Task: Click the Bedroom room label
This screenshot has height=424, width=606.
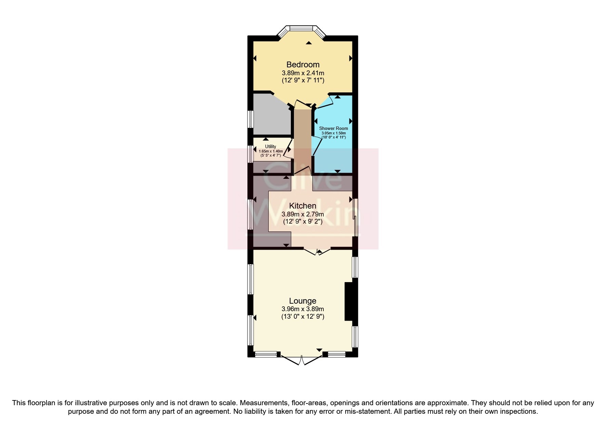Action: (x=303, y=64)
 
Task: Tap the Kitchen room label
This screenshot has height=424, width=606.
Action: (x=302, y=206)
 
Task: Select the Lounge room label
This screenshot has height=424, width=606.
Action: (x=302, y=301)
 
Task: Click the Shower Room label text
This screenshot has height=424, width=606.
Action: (x=333, y=128)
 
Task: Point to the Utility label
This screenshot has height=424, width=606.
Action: (x=270, y=146)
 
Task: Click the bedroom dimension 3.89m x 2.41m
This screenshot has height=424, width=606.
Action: (x=303, y=73)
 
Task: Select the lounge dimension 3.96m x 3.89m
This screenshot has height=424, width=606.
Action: (x=302, y=309)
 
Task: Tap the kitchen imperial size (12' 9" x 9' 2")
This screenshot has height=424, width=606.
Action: (x=302, y=222)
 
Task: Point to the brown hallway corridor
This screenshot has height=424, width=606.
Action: (x=302, y=140)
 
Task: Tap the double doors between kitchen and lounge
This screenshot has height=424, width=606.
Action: (x=318, y=252)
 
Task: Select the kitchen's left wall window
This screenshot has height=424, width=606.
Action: (x=250, y=214)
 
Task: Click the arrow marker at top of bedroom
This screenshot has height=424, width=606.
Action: (x=309, y=43)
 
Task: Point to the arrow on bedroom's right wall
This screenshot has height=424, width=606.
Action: (x=351, y=58)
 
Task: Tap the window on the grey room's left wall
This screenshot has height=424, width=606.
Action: (x=250, y=119)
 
